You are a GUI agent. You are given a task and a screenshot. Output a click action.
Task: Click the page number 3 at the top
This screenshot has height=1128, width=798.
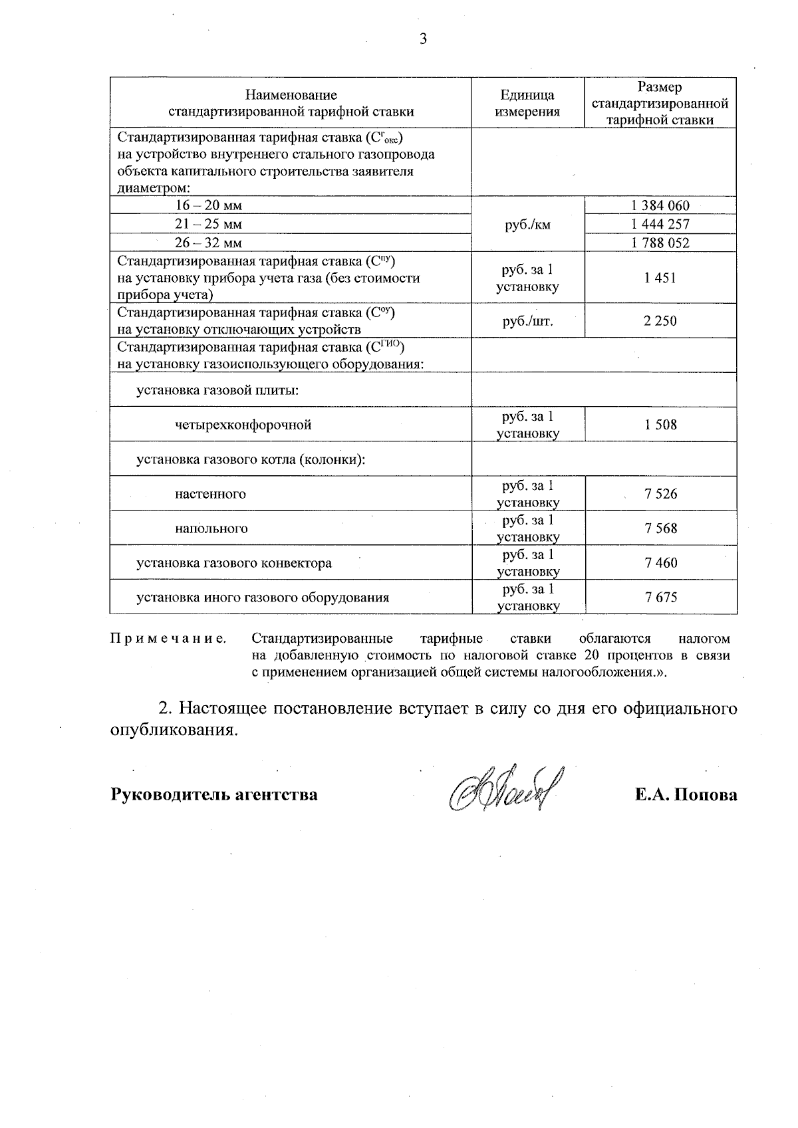pos(423,39)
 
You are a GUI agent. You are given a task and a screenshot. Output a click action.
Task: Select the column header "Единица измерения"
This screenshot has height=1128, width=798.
pos(527,104)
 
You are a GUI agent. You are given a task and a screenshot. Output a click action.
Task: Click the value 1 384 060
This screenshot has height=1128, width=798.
pos(660,205)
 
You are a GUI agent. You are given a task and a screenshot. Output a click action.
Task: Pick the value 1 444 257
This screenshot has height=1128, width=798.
pos(660,224)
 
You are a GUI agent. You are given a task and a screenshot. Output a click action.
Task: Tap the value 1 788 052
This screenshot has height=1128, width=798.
pos(660,243)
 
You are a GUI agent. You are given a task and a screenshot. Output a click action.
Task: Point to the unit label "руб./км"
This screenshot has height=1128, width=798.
pos(527,225)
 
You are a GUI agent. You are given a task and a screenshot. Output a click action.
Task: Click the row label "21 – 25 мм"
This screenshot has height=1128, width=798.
pos(208,224)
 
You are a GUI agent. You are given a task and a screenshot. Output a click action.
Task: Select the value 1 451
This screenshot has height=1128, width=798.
pos(660,278)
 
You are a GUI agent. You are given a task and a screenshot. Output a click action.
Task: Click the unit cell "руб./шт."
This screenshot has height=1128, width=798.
pos(527,321)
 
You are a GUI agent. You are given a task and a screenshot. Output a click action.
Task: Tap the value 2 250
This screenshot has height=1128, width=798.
pos(660,321)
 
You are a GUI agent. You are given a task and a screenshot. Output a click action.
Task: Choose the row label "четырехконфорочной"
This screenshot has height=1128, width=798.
pos(243,425)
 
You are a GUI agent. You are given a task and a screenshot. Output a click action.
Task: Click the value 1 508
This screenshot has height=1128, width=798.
pos(660,425)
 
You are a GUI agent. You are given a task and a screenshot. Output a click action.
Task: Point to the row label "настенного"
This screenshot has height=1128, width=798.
pos(211,494)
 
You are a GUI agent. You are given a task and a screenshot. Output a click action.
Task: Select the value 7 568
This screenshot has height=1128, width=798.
pos(660,528)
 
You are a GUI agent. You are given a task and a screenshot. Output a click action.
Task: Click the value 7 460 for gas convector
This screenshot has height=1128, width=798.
pos(660,563)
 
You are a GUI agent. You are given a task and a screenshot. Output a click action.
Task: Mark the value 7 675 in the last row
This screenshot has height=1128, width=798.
pos(660,597)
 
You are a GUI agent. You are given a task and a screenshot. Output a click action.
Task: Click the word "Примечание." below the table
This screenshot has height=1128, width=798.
pos(168,639)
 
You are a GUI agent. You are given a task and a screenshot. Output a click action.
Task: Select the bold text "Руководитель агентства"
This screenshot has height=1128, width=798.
pos(213,794)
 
